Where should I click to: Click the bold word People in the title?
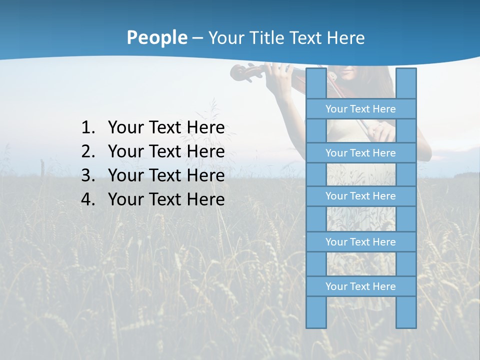(x=156, y=37)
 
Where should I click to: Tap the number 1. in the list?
(x=88, y=128)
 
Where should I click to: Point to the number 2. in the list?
(x=88, y=152)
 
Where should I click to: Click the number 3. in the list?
(x=88, y=176)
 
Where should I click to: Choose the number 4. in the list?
(x=88, y=200)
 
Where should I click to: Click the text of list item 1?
(x=166, y=128)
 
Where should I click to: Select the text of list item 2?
(x=166, y=152)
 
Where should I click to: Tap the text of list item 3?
(x=166, y=176)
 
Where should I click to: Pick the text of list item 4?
(x=166, y=200)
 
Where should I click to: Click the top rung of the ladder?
(x=360, y=109)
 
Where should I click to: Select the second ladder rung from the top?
(x=360, y=153)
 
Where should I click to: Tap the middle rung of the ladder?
(x=360, y=196)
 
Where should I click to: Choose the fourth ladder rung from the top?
(x=360, y=242)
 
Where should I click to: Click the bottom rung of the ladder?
(x=360, y=286)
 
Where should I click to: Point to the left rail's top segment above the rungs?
(x=316, y=83)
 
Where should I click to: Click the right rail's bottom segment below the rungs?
(x=406, y=312)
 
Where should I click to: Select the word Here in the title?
(x=345, y=38)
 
